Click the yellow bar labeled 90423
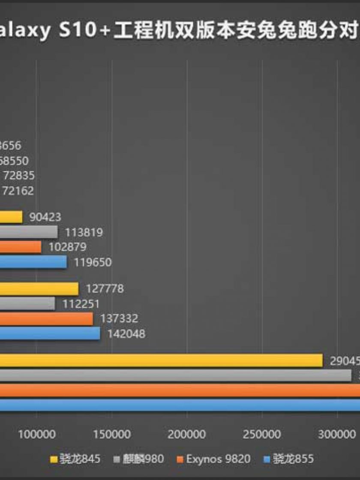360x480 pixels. point(11,217)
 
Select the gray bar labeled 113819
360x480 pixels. point(28,232)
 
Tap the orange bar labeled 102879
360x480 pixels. point(20,247)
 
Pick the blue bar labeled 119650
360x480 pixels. point(33,262)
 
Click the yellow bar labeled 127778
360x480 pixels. point(39,288)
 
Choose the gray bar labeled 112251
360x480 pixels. point(27,303)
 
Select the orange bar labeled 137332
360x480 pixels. point(46,318)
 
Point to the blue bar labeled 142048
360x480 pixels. point(49,333)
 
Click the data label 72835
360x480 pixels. point(19,175)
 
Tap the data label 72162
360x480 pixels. point(18,190)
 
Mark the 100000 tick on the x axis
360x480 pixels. point(36,434)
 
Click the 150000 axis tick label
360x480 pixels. point(112,434)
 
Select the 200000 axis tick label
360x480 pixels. point(187,434)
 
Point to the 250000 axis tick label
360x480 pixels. point(262,434)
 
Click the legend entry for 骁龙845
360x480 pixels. point(75,459)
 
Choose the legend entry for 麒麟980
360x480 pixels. point(139,459)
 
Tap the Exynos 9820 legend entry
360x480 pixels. point(213,459)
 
